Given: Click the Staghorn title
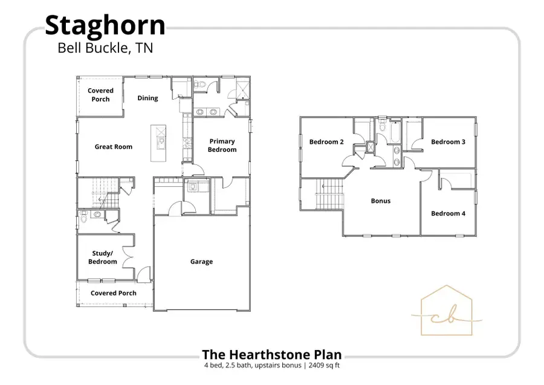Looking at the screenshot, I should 105,25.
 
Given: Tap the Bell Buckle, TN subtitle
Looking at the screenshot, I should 105,48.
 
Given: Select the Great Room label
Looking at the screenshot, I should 113,146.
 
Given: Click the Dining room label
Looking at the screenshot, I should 147,98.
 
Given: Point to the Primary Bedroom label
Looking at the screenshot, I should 222,145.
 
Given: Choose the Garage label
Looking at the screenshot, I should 201,262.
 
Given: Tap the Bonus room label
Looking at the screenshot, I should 381,201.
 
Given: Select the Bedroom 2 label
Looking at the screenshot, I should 326,142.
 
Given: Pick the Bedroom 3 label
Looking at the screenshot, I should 448,142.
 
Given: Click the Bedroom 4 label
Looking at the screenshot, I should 448,213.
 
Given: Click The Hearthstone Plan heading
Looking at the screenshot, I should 271,354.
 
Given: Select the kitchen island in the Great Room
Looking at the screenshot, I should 160,143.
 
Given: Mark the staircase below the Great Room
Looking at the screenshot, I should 97,193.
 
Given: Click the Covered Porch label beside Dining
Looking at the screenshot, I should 100,94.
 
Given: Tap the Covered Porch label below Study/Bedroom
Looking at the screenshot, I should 114,293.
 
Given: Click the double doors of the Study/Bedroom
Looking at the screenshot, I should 128,258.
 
